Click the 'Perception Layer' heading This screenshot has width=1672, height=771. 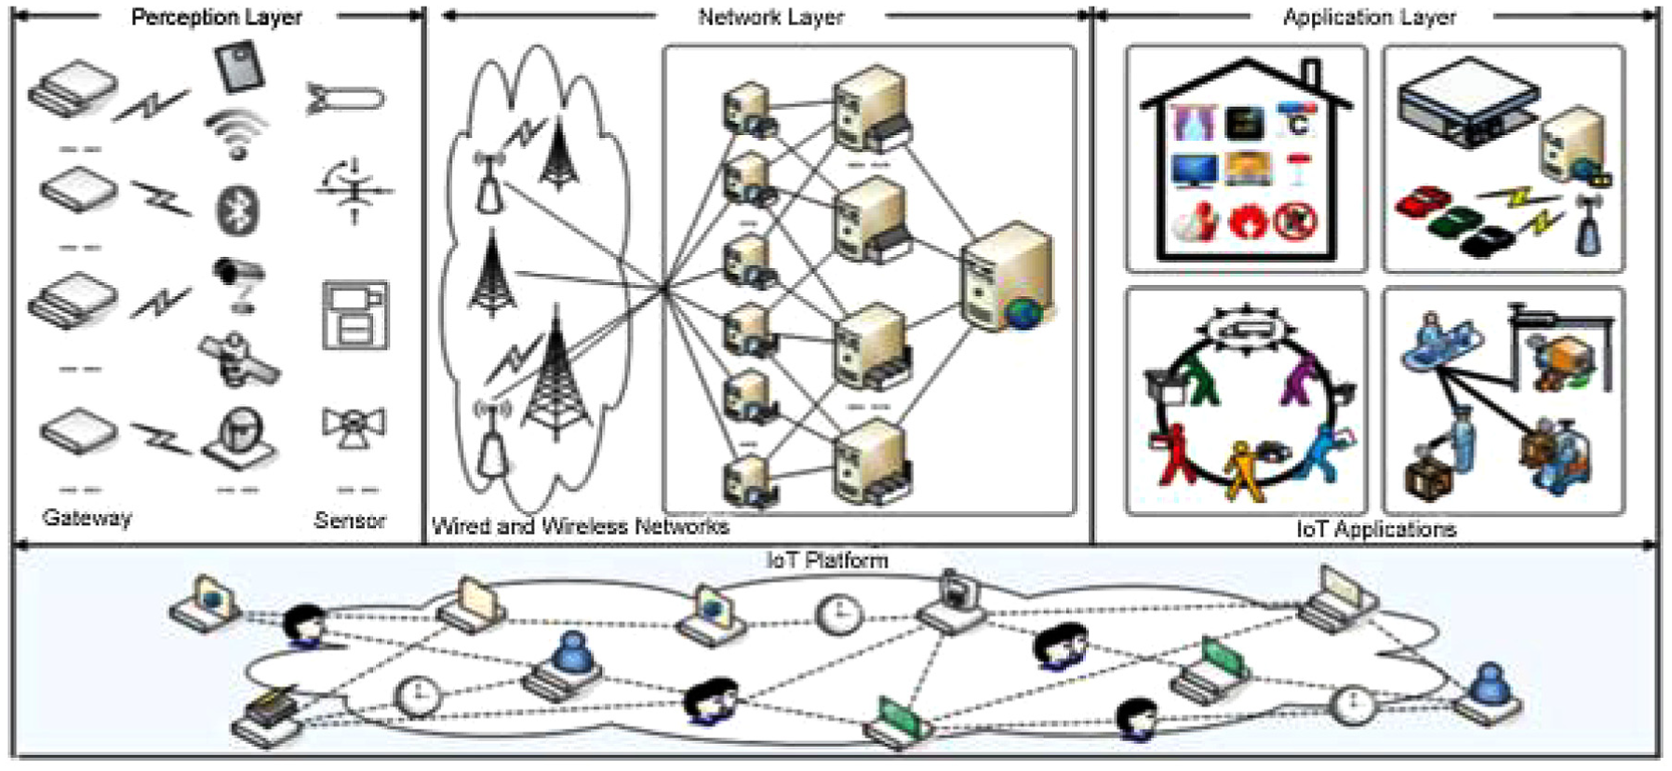(x=216, y=17)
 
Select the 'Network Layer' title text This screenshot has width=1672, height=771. (x=770, y=17)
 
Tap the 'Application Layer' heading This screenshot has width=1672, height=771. (x=1370, y=17)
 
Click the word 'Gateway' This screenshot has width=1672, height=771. (x=87, y=518)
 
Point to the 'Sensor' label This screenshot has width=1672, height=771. (x=350, y=520)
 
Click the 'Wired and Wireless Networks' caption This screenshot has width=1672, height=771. (x=581, y=527)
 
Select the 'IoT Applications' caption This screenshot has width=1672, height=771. (x=1376, y=529)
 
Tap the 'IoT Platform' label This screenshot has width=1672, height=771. (x=827, y=560)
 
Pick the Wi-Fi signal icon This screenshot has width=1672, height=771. (x=236, y=132)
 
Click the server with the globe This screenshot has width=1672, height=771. (x=1007, y=277)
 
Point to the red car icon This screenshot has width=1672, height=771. (x=1424, y=202)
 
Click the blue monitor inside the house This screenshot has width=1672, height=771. (x=1194, y=170)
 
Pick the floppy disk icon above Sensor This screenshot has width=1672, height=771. (x=354, y=315)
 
